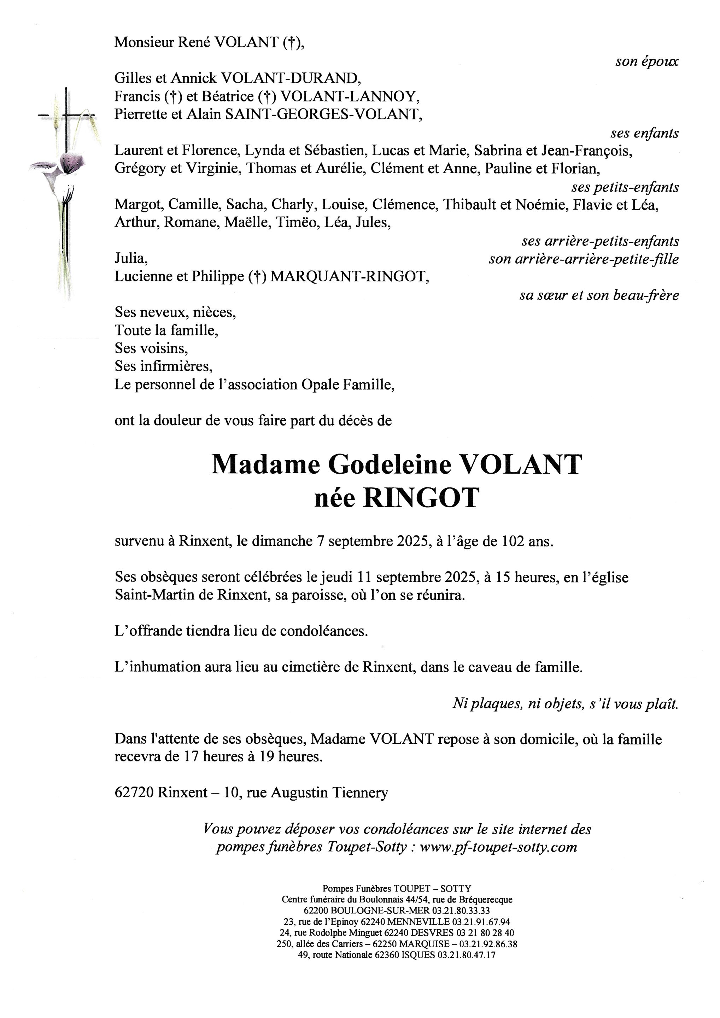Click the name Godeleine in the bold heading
coord(389,465)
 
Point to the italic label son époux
coord(646,61)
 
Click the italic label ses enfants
coord(644,133)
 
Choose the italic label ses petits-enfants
coord(625,187)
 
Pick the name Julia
coord(131,258)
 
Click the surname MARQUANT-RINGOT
coord(349,276)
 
